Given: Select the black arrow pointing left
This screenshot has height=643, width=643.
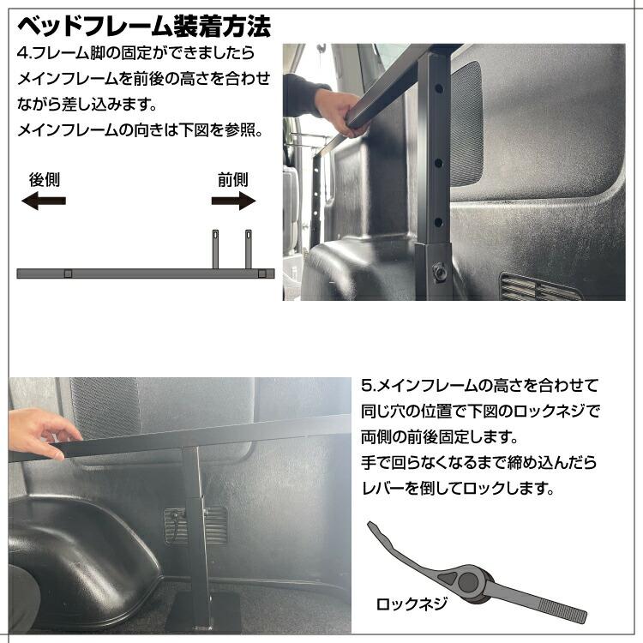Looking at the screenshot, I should pos(44,201).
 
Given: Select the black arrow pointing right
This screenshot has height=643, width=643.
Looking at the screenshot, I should pos(233,201).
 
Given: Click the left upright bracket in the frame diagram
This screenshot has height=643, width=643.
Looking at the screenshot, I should pos(216,249).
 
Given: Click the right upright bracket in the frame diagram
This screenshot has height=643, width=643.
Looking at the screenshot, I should pos(249,249).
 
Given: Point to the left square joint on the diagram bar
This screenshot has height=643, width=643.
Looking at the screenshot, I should pos(69,273).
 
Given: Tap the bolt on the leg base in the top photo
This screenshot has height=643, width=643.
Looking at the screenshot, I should pos(442,271).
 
